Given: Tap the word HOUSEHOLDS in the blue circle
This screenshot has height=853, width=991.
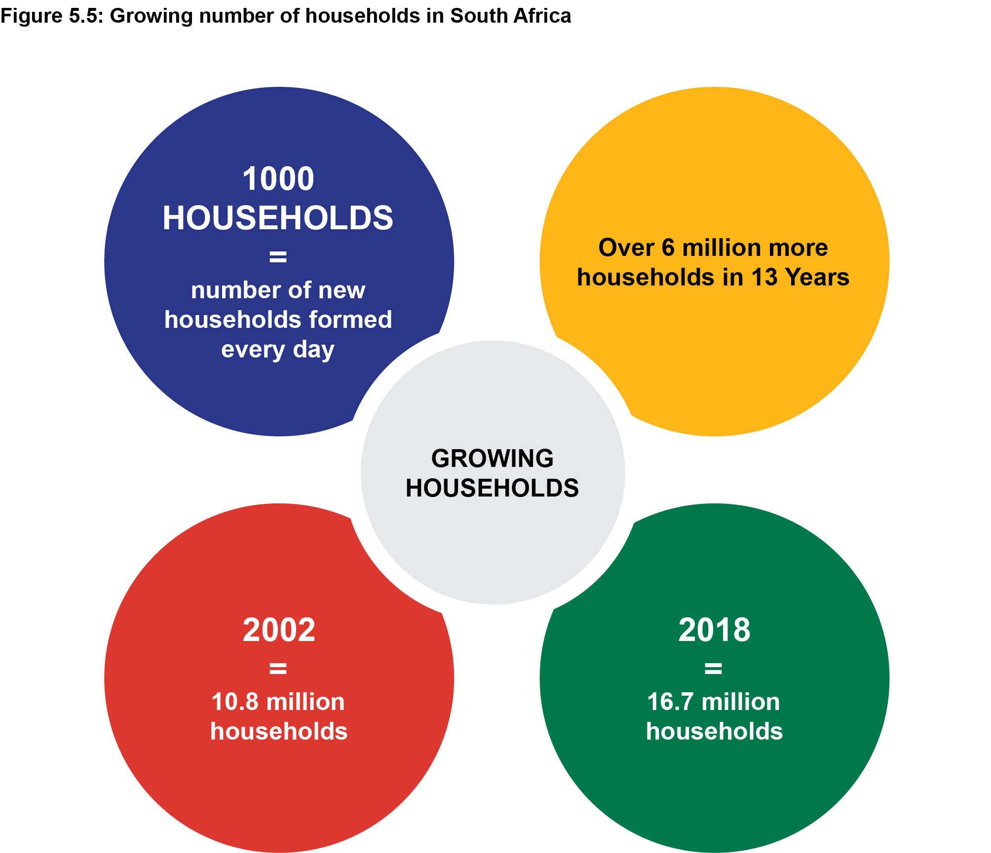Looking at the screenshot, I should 278,218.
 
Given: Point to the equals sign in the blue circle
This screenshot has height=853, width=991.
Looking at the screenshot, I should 278,256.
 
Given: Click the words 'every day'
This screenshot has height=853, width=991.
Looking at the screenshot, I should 278,350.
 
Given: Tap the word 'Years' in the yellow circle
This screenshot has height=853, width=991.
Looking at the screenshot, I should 817,277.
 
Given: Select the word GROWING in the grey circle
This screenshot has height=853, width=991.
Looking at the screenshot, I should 492,459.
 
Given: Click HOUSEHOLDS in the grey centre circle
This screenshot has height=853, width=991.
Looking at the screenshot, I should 492,488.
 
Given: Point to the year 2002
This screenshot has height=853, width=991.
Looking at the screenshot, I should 279,630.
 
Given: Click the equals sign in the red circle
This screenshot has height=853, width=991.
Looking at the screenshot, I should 278,669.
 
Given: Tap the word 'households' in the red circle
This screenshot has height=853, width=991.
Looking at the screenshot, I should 279,731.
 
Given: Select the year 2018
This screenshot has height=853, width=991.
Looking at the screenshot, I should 714,630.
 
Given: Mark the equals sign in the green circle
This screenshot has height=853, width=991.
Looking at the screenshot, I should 713,669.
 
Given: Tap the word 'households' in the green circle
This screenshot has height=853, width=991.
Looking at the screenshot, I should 714,731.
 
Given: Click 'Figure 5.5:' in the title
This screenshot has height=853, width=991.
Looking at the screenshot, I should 51,16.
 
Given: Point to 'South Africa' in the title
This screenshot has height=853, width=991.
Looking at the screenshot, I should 510,16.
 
